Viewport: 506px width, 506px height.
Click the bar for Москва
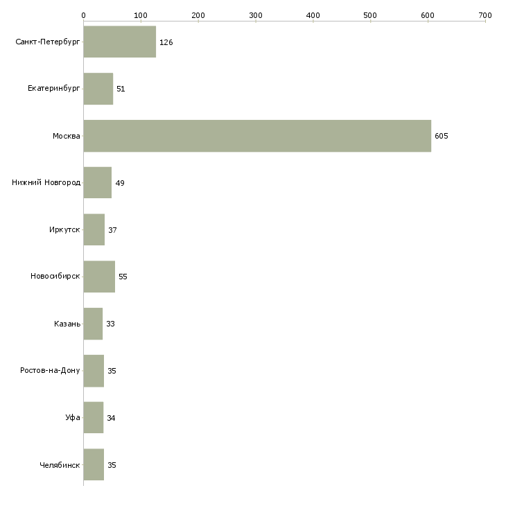click(257, 136)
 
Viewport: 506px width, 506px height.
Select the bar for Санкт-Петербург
click(120, 42)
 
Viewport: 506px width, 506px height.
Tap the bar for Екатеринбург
click(98, 89)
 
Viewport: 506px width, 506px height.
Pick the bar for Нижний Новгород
click(98, 183)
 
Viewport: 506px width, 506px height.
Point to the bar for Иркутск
click(94, 229)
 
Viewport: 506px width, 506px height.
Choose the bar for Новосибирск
click(99, 277)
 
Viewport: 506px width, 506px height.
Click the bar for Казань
click(93, 324)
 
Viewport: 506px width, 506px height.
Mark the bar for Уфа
click(94, 418)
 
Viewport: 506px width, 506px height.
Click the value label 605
click(442, 136)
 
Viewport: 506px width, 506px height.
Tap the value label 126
click(166, 42)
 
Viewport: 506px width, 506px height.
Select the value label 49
click(120, 183)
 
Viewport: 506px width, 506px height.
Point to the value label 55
click(123, 277)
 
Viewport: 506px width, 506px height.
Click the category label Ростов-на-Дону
click(51, 371)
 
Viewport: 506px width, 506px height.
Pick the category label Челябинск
click(60, 465)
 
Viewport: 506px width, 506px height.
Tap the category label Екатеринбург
click(54, 89)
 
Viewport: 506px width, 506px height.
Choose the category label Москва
click(67, 136)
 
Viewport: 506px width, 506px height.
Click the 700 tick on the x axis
click(485, 15)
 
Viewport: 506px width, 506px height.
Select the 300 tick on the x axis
click(256, 15)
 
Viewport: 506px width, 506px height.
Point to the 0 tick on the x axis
click(84, 15)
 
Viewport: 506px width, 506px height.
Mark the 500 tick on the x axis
click(370, 15)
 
